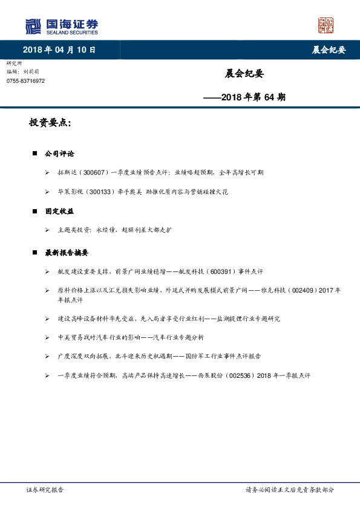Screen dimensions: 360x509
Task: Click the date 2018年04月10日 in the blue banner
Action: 59,50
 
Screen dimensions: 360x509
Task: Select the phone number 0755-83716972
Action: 25,81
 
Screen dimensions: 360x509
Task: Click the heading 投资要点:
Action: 50,123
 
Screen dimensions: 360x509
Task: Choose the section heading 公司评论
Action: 59,154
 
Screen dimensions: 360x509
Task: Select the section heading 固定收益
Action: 59,212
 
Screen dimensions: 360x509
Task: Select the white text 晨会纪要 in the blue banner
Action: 329,50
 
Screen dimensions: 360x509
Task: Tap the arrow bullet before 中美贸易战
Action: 47,337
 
